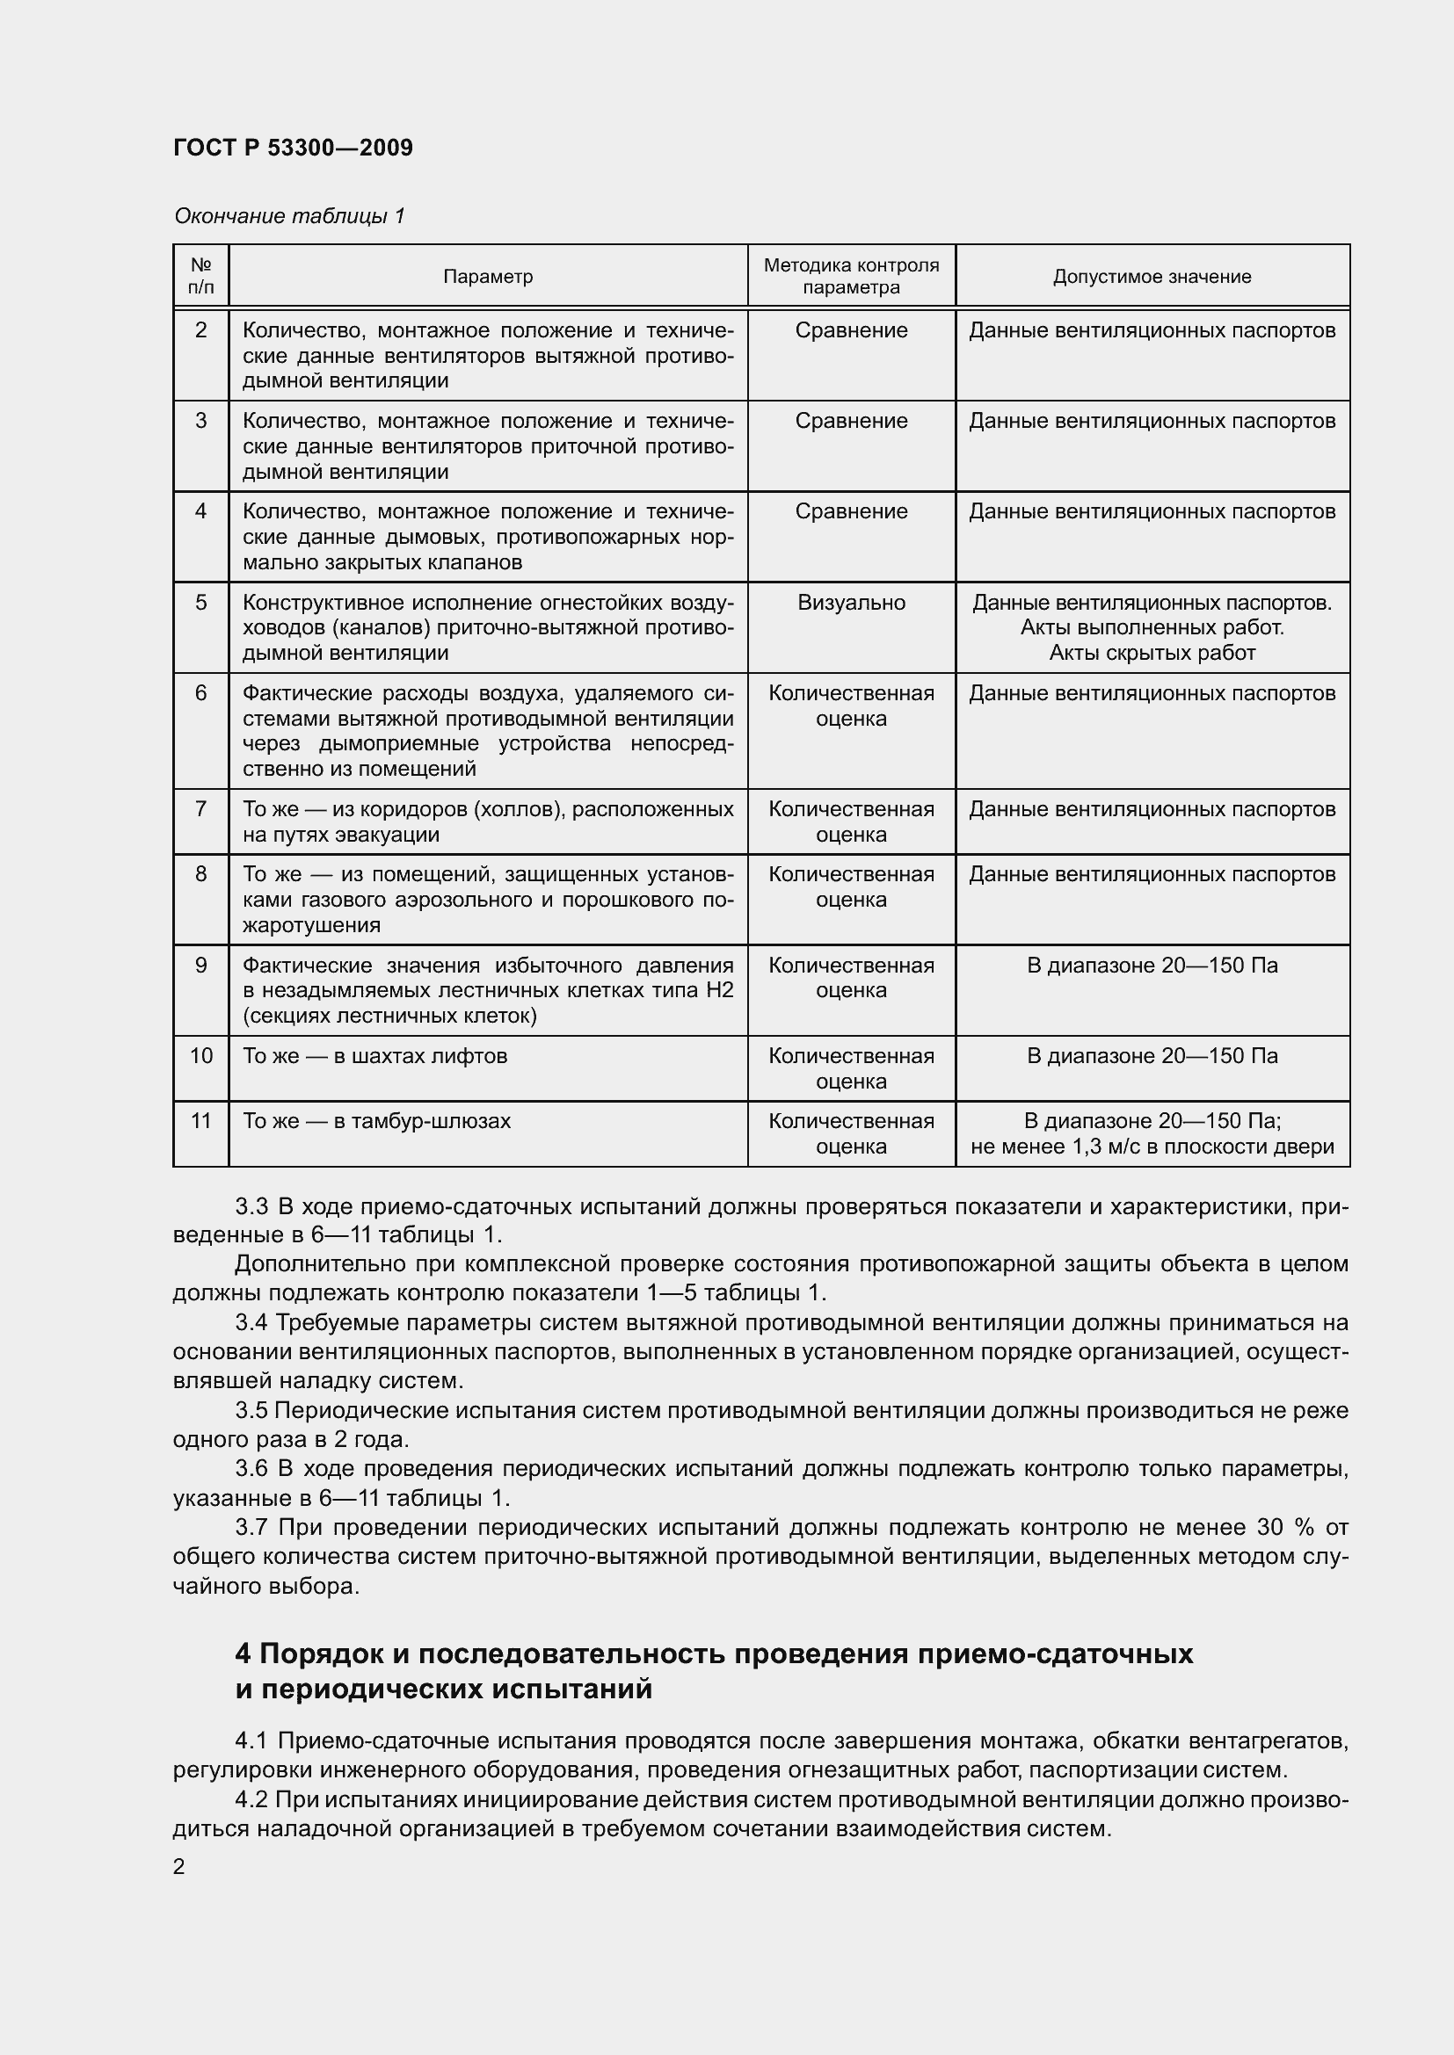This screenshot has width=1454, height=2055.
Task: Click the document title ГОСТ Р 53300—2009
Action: [293, 148]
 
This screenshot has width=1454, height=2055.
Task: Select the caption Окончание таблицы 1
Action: [289, 216]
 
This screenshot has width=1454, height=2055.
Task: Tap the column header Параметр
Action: [488, 277]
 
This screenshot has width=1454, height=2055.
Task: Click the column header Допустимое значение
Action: [1152, 277]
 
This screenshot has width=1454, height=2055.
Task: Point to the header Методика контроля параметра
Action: [851, 277]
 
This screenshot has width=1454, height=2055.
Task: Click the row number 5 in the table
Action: [200, 603]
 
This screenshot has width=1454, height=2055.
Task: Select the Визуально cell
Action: [851, 603]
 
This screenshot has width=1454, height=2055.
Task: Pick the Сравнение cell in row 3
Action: [851, 421]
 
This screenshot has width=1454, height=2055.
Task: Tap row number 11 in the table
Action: [200, 1120]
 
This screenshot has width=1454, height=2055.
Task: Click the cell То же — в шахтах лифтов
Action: [375, 1056]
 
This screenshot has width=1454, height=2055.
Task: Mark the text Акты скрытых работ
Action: [1152, 653]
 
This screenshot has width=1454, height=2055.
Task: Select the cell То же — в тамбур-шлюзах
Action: [377, 1120]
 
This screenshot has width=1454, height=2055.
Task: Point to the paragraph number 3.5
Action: [251, 1411]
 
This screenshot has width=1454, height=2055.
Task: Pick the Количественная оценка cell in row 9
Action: [851, 977]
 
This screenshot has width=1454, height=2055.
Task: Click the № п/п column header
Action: [200, 277]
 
